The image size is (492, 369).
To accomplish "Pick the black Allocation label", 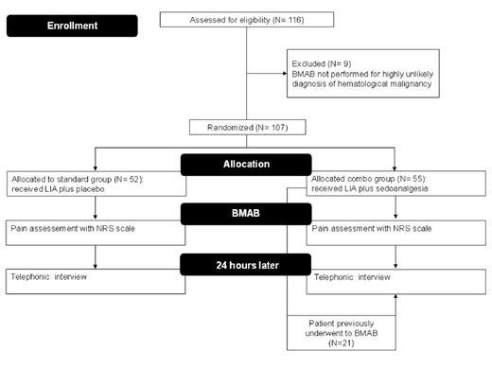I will click(247, 164).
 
